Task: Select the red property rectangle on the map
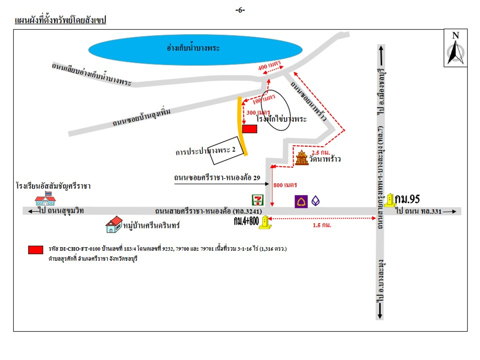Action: tap(249, 129)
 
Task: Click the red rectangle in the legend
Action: tap(36, 250)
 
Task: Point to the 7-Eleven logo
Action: tap(258, 200)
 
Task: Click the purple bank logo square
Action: tap(301, 201)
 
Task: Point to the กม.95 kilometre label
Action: tap(407, 199)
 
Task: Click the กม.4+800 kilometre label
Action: tap(246, 221)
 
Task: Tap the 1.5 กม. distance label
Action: tap(322, 225)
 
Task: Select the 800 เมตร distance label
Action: tap(285, 185)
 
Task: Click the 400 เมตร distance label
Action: tap(269, 66)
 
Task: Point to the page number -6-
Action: tap(240, 10)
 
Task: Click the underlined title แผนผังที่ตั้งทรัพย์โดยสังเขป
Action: tap(60, 20)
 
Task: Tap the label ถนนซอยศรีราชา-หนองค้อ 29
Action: tap(217, 178)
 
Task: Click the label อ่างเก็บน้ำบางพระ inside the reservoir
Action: tap(193, 48)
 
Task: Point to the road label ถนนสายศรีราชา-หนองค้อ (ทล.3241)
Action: tap(208, 211)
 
